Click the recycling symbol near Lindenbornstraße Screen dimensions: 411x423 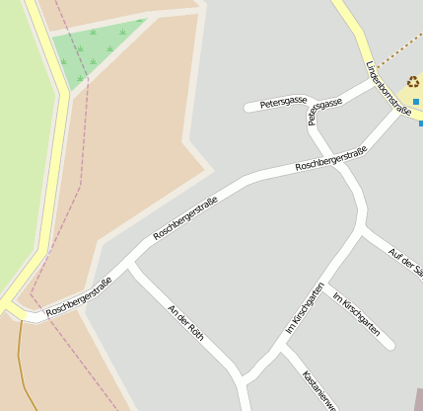[412, 83]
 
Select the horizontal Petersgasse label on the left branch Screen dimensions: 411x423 [282, 103]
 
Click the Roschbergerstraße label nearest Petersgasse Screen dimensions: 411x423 [330, 157]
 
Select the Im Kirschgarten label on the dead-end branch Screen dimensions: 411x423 [356, 314]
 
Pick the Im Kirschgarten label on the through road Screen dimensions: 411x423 [305, 308]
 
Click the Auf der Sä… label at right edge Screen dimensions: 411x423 [404, 261]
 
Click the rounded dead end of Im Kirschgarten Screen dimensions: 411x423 [389, 345]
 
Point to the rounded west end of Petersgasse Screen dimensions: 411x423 [249, 107]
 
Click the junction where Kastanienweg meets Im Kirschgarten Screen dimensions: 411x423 [284, 348]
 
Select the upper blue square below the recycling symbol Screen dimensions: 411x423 [416, 102]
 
